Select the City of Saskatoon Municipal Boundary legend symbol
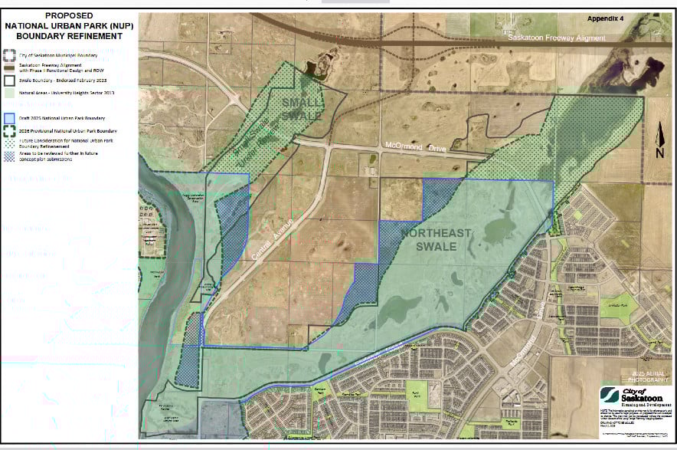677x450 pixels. pos(9,54)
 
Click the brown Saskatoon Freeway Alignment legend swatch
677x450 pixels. pos(9,67)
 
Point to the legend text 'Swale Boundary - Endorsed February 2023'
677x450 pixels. pos(61,79)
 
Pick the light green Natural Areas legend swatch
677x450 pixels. pos(9,92)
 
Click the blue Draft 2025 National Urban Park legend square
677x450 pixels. pos(9,117)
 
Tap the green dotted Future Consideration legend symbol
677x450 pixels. pos(9,143)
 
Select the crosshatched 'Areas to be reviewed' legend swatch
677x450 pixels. pos(9,154)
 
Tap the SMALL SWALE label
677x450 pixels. pos(297,108)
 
